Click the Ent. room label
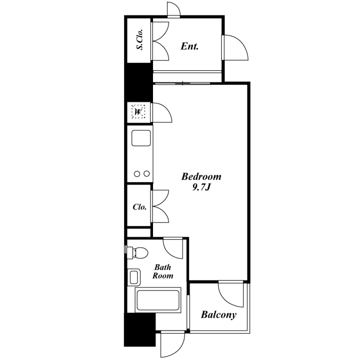click(189, 46)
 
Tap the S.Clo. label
click(139, 40)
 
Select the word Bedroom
click(201, 176)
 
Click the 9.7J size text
click(201, 187)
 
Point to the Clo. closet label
click(139, 207)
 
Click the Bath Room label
click(163, 271)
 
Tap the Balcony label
click(219, 315)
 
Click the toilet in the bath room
click(137, 252)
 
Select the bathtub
click(158, 300)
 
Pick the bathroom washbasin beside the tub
click(134, 277)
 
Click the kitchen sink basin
click(141, 138)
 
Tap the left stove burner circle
click(137, 174)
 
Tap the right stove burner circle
click(147, 174)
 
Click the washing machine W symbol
click(138, 112)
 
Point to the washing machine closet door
click(162, 112)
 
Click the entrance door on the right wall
click(235, 48)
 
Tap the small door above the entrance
click(174, 9)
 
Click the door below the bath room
click(173, 344)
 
